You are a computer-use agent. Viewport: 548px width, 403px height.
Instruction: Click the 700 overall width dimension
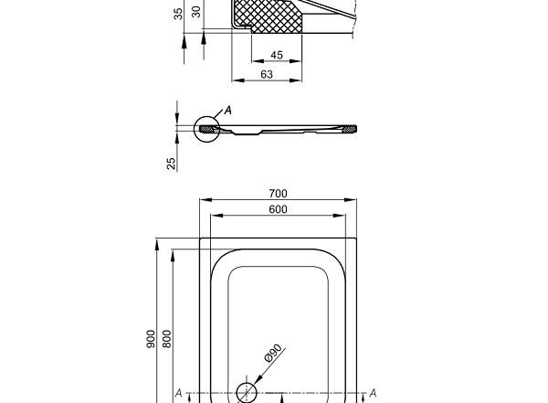[279, 193]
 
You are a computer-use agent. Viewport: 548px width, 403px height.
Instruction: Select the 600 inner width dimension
[279, 209]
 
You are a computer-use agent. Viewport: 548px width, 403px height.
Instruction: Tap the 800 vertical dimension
[166, 338]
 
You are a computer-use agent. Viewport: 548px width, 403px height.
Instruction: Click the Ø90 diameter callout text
[273, 354]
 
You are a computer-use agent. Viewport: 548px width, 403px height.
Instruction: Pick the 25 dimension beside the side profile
[171, 163]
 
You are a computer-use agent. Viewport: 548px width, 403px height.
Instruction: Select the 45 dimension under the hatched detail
[277, 55]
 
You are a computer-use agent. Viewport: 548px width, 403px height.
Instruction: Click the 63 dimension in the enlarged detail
[267, 74]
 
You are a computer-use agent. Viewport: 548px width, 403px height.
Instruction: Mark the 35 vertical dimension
[179, 12]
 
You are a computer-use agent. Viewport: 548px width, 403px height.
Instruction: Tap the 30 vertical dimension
[195, 12]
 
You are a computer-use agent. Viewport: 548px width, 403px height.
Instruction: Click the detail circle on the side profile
[207, 130]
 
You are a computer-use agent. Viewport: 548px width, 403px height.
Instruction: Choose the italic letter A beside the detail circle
[228, 111]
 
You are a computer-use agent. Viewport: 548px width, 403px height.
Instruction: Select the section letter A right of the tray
[373, 393]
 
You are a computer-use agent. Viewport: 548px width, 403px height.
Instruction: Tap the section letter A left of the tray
[179, 393]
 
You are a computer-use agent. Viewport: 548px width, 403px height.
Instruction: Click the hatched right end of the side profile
[348, 129]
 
